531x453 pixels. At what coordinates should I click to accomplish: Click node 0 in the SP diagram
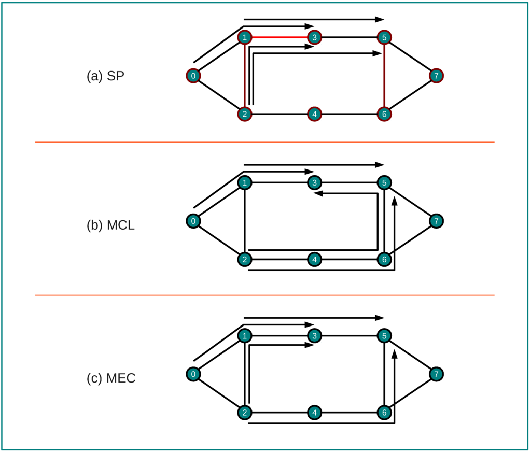pyautogui.click(x=193, y=76)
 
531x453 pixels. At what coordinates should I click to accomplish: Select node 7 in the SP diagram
pyautogui.click(x=437, y=76)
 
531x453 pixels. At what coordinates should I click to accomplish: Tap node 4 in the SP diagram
pyautogui.click(x=314, y=114)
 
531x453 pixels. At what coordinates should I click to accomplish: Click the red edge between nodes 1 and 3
pyautogui.click(x=279, y=37)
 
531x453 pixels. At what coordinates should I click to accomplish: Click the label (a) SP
pyautogui.click(x=105, y=76)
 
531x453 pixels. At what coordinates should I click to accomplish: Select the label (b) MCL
pyautogui.click(x=110, y=225)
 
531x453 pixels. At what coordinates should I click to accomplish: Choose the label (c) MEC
pyautogui.click(x=111, y=378)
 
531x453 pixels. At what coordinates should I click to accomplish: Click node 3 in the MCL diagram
pyautogui.click(x=314, y=182)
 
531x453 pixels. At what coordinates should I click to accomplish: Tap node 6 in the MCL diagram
pyautogui.click(x=384, y=259)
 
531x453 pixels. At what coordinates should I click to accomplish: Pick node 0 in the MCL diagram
pyautogui.click(x=193, y=221)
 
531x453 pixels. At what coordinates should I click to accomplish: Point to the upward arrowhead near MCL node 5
pyautogui.click(x=395, y=201)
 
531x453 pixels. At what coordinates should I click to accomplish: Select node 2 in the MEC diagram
pyautogui.click(x=244, y=413)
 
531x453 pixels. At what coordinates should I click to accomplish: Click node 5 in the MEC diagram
pyautogui.click(x=384, y=336)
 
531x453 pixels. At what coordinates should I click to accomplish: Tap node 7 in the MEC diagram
pyautogui.click(x=437, y=374)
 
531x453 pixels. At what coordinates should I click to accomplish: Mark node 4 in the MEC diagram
pyautogui.click(x=314, y=413)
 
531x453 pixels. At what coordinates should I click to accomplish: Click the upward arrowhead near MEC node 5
pyautogui.click(x=395, y=355)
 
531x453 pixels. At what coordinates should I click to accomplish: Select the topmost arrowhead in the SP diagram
pyautogui.click(x=380, y=19)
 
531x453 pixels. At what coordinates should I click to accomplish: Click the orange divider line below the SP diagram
pyautogui.click(x=264, y=142)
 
